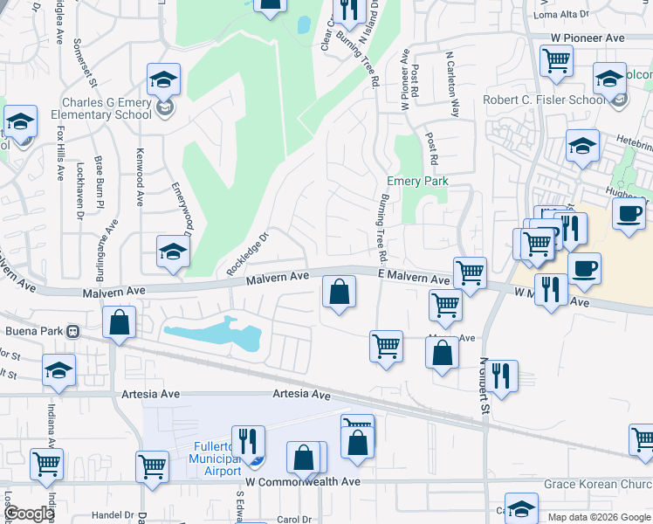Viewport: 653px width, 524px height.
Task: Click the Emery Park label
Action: [x=417, y=182]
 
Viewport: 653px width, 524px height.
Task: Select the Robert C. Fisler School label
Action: [x=544, y=100]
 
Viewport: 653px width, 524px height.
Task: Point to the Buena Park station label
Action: [x=35, y=332]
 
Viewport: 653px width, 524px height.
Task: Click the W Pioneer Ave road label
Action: [x=588, y=38]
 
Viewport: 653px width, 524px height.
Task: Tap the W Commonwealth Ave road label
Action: [x=303, y=481]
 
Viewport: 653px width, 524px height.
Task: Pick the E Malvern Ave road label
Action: [x=414, y=277]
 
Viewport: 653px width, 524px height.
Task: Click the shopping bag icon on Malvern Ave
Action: [x=339, y=292]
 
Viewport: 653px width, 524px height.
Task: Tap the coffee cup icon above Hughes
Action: [x=629, y=213]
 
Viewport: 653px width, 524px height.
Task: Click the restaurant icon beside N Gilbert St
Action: [x=501, y=376]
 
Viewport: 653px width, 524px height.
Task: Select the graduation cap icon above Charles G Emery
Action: [x=163, y=79]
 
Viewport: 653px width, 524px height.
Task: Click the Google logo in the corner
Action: [x=29, y=514]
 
